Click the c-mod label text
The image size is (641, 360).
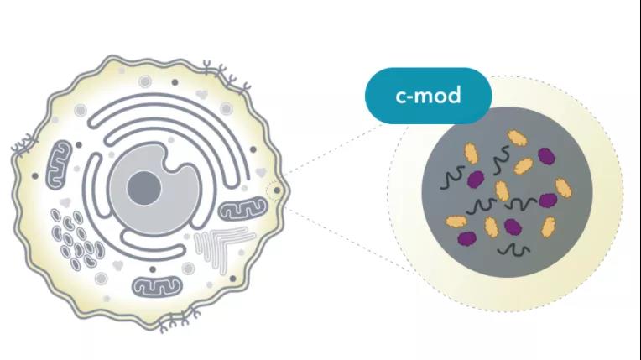(x=428, y=96)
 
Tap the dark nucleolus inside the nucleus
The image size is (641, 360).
(x=144, y=185)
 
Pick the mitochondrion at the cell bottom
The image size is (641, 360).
(x=157, y=285)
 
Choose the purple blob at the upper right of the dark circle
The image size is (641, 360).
(x=547, y=155)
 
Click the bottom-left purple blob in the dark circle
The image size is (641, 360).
(x=466, y=238)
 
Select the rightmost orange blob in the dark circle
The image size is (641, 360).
(x=562, y=187)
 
